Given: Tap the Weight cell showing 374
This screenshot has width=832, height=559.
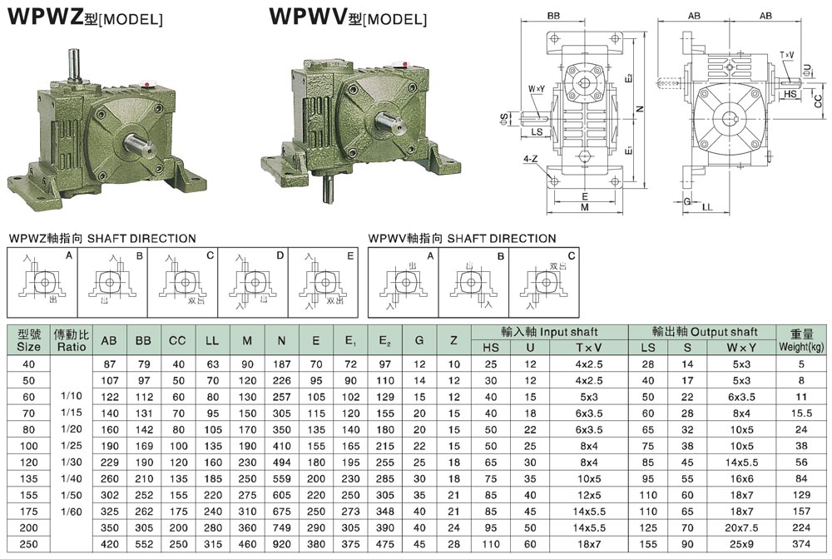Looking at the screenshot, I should (x=801, y=542).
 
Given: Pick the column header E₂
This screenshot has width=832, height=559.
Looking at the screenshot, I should (x=384, y=340).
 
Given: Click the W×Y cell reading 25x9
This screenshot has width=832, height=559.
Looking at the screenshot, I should (x=740, y=542).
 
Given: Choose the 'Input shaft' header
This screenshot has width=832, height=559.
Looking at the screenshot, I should (x=548, y=330).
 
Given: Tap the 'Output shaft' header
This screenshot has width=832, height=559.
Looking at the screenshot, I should (x=704, y=330).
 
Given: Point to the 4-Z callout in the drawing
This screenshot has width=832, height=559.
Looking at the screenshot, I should (x=530, y=156).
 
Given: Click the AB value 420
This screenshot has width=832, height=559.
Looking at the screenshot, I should (x=108, y=542).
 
